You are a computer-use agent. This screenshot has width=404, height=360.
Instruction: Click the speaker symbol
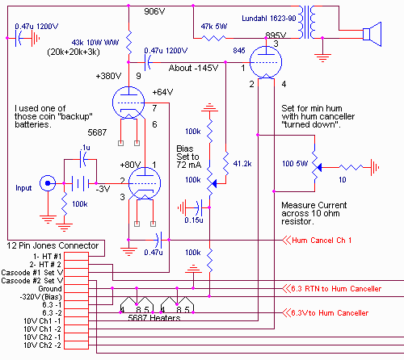[x=372, y=34]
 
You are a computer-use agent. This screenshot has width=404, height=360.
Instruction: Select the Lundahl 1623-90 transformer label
[x=269, y=19]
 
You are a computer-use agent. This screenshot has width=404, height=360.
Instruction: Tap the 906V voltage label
[x=154, y=11]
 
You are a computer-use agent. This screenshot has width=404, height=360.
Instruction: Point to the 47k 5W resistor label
[x=214, y=27]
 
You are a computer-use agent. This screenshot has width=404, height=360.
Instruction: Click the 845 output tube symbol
[x=266, y=62]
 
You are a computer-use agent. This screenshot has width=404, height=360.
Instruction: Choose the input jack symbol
[x=48, y=183]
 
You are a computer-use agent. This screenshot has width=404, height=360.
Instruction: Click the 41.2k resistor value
[x=242, y=164]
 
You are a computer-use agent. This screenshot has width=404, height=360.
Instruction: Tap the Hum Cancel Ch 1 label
[x=322, y=241]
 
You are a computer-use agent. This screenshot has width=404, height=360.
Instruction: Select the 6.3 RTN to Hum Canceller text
[x=336, y=289]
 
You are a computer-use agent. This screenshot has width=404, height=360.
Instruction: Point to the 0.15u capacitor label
[x=194, y=220]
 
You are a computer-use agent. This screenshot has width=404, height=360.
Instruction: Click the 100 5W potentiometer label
[x=295, y=164]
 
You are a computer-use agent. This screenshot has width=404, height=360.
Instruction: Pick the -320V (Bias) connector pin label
[x=41, y=297]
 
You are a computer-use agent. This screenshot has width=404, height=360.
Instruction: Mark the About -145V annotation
[x=193, y=68]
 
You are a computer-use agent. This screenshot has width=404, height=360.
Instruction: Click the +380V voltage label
[x=108, y=76]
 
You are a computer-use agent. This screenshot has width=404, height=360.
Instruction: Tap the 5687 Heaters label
[x=154, y=318]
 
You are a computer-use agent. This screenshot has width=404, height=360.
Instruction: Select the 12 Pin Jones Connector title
[x=53, y=245]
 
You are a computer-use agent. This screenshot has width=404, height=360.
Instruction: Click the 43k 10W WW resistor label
[x=95, y=43]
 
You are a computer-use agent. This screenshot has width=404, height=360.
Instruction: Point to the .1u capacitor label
[x=85, y=148]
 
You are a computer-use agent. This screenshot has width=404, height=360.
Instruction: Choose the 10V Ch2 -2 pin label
[x=43, y=345]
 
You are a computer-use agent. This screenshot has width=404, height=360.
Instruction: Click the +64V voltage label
[x=162, y=92]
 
